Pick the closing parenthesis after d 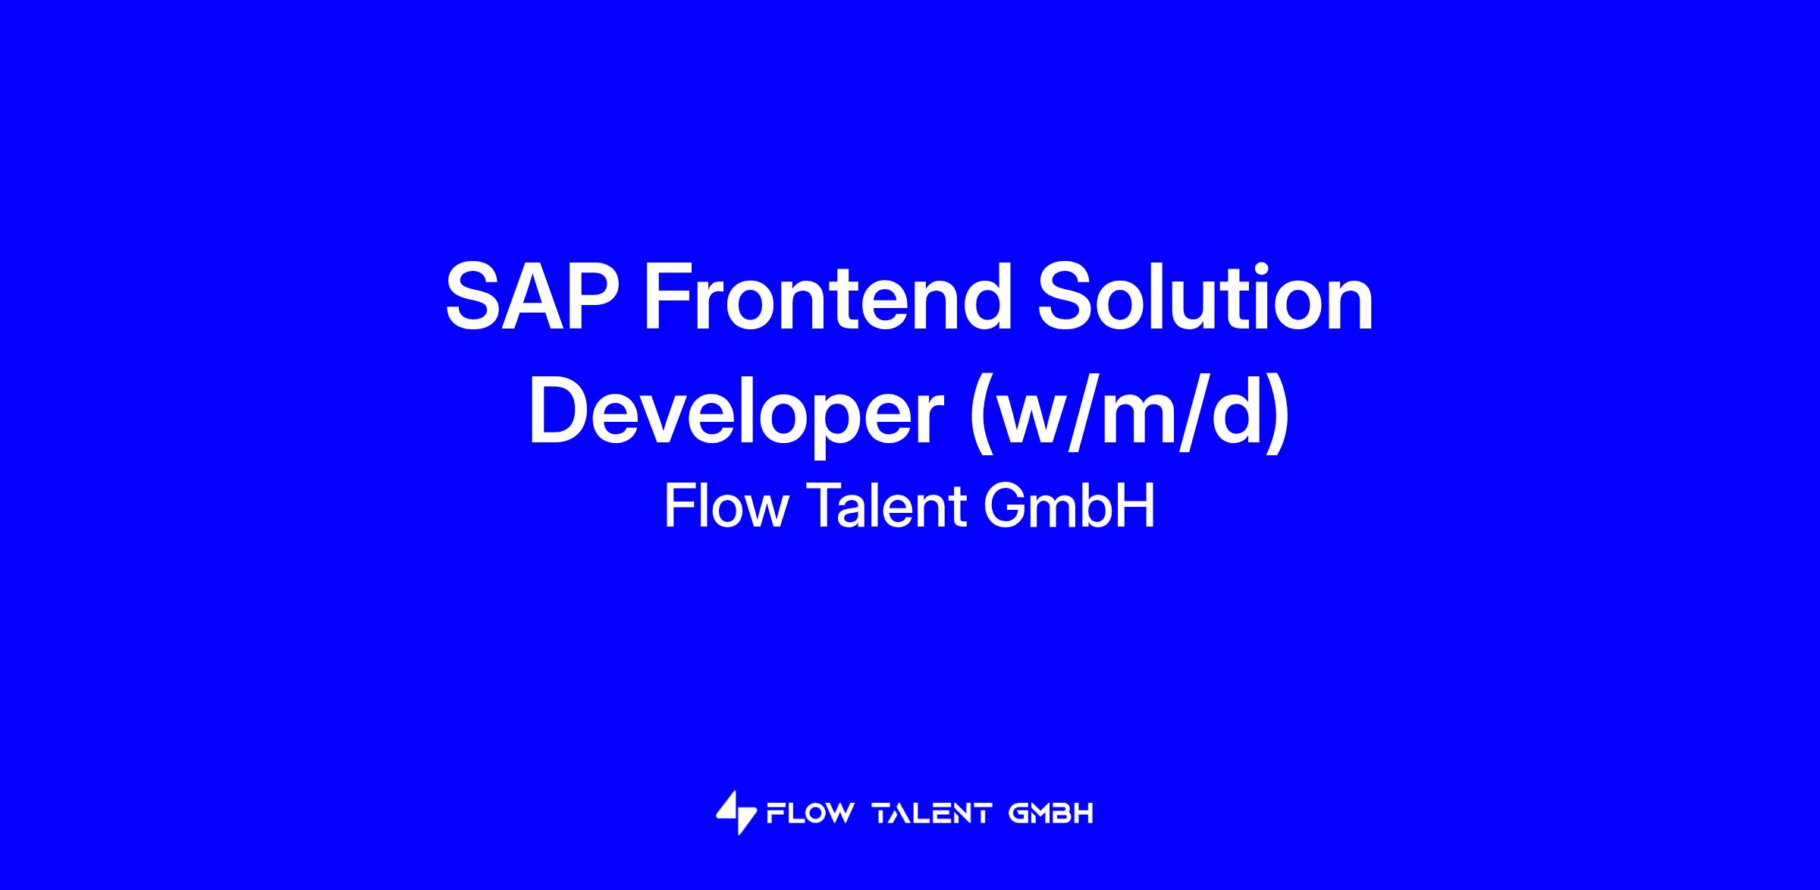click(x=1277, y=417)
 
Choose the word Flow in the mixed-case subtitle click(x=726, y=506)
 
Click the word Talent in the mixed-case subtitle click(x=885, y=506)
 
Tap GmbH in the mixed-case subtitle click(x=1069, y=506)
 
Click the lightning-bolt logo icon click(x=736, y=813)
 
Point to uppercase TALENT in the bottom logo click(x=932, y=814)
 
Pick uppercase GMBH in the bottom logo click(x=1051, y=814)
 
